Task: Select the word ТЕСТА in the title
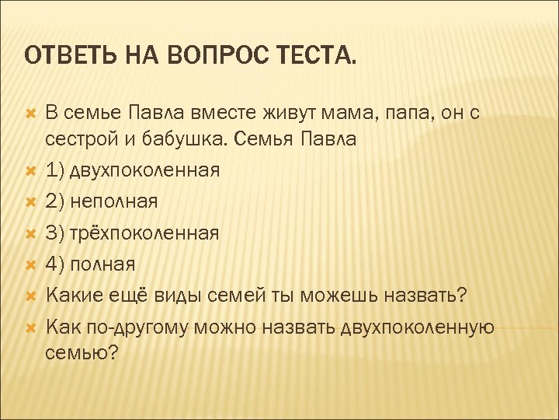(318, 56)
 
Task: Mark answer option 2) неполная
(102, 201)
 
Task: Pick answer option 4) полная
(91, 264)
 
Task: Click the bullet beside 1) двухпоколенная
(30, 170)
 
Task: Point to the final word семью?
(82, 353)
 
